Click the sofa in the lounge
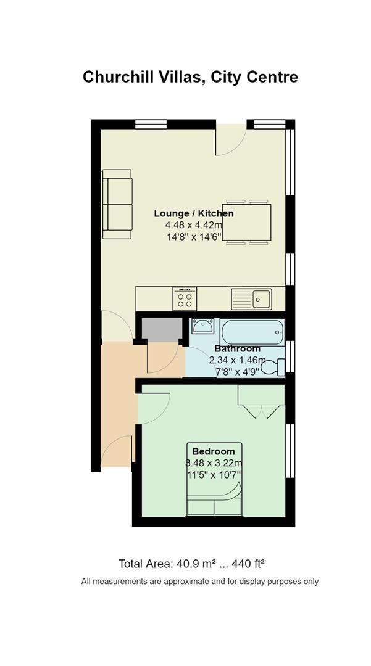[117, 204]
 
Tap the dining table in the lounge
[246, 222]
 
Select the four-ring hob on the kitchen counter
[185, 298]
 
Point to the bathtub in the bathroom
[252, 332]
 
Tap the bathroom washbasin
[203, 326]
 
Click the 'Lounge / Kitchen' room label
[194, 213]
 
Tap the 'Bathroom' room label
[237, 348]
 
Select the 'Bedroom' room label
[214, 451]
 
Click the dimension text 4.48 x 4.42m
[194, 225]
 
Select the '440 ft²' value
[249, 564]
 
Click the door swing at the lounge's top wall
[231, 140]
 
